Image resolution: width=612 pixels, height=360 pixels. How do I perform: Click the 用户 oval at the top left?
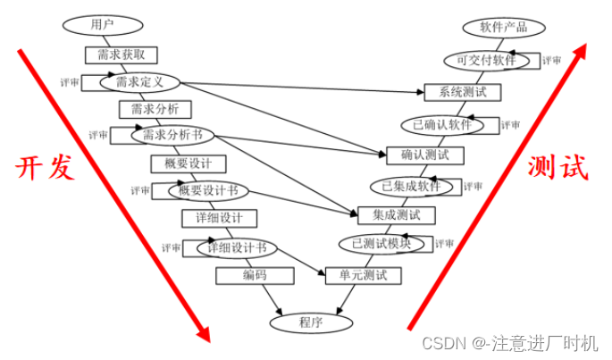104,23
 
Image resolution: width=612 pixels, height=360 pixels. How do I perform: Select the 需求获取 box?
115,54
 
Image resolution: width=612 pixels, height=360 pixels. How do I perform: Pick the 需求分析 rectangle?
148,109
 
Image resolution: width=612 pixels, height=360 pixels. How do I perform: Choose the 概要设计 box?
188,163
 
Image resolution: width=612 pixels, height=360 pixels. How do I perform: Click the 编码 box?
255,275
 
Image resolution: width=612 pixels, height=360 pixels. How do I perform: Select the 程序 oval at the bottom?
307,319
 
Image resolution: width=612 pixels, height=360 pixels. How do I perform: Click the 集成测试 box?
396,214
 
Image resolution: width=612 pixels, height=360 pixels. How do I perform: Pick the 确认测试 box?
425,155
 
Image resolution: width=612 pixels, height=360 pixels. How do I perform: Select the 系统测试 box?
462,92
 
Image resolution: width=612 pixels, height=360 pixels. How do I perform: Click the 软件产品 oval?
497,27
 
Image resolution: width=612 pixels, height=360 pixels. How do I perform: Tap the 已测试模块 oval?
382,243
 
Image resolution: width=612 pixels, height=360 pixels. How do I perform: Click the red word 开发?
43,168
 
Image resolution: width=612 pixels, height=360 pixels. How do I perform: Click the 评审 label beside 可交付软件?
551,61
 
